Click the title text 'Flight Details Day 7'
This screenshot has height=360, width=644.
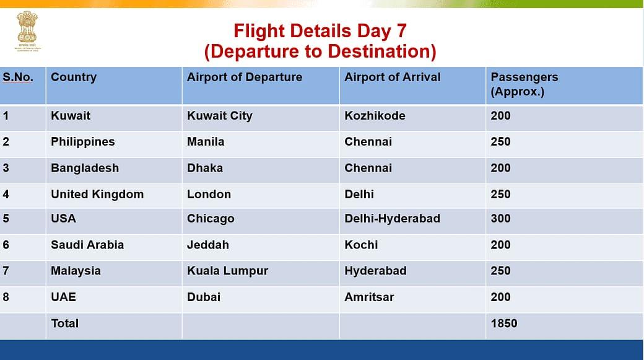pos(320,31)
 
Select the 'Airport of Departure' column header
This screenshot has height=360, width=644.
pos(245,77)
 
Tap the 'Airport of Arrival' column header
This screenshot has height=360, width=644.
pos(392,77)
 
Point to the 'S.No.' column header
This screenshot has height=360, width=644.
pos(18,77)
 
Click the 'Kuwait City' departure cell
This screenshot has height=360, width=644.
pos(220,116)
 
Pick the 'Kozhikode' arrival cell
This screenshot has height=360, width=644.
pos(375,116)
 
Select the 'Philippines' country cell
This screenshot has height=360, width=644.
pos(83,142)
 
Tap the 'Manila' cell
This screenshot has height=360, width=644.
pos(206,142)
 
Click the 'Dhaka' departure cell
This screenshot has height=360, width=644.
pos(205,168)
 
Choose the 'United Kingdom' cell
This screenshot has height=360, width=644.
pos(97,194)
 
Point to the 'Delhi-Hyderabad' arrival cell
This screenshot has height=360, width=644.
pos(392,219)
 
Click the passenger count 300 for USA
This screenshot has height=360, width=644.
pos(500,219)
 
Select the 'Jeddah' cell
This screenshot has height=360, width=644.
pos(208,245)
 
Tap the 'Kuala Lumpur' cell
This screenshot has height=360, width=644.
pos(227,271)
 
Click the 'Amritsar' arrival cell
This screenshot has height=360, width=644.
pos(369,297)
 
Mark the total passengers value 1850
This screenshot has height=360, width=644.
pos(503,323)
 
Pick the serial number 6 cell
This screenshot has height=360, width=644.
pos(6,245)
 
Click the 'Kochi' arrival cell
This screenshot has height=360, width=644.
pos(361,245)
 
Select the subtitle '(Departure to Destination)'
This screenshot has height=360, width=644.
pos(320,51)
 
